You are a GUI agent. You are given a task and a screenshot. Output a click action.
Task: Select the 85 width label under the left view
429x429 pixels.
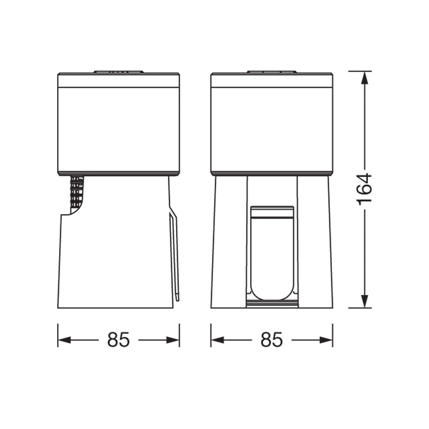tap(118, 340)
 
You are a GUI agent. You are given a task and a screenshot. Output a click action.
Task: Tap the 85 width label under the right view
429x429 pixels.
tap(271, 340)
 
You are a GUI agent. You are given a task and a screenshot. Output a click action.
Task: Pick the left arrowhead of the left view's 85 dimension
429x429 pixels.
tap(64, 340)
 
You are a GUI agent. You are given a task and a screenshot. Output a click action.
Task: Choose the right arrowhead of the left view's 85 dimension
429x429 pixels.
tap(173, 340)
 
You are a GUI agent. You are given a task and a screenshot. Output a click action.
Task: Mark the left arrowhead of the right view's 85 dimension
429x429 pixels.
tap(217, 340)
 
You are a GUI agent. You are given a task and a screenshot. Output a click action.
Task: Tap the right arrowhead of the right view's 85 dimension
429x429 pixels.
tap(326, 340)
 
